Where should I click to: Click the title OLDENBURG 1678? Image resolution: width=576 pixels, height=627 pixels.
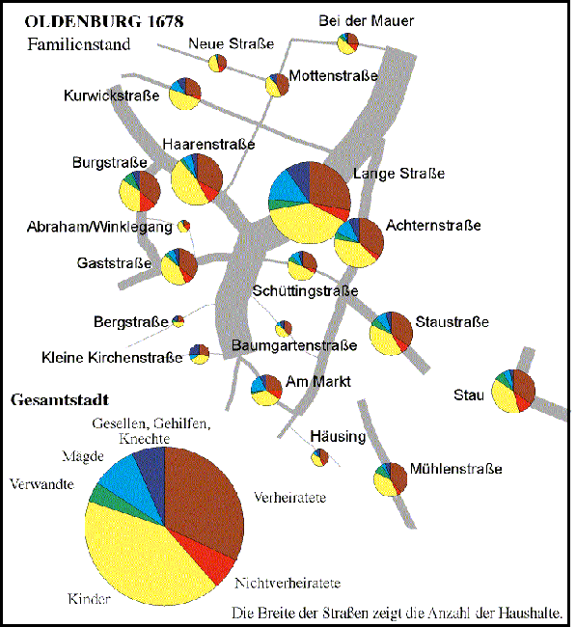tap(104, 21)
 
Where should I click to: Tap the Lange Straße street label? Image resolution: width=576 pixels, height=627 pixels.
tap(398, 174)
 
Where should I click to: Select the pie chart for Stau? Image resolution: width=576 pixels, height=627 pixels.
tap(513, 391)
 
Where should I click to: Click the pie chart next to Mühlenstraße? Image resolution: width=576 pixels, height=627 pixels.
tap(391, 479)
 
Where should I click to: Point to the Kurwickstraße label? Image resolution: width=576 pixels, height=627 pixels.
tap(112, 95)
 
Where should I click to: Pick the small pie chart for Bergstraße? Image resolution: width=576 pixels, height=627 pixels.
tap(178, 321)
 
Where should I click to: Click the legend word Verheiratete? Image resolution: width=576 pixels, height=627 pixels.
tap(290, 498)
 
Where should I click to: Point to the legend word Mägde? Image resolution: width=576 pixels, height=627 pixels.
tap(83, 456)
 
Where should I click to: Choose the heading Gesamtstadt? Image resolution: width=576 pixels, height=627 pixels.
tap(60, 400)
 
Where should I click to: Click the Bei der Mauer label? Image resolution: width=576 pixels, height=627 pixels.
tap(366, 21)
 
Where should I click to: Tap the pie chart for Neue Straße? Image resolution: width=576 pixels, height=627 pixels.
tap(218, 63)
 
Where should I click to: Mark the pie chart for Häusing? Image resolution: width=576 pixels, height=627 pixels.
tap(319, 457)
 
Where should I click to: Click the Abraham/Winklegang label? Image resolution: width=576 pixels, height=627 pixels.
tap(99, 227)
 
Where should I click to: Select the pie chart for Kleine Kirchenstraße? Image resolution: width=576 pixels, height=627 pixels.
tap(199, 354)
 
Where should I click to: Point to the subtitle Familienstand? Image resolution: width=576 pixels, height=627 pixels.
tap(79, 44)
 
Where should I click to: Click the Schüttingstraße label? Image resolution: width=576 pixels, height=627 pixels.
tap(305, 291)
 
